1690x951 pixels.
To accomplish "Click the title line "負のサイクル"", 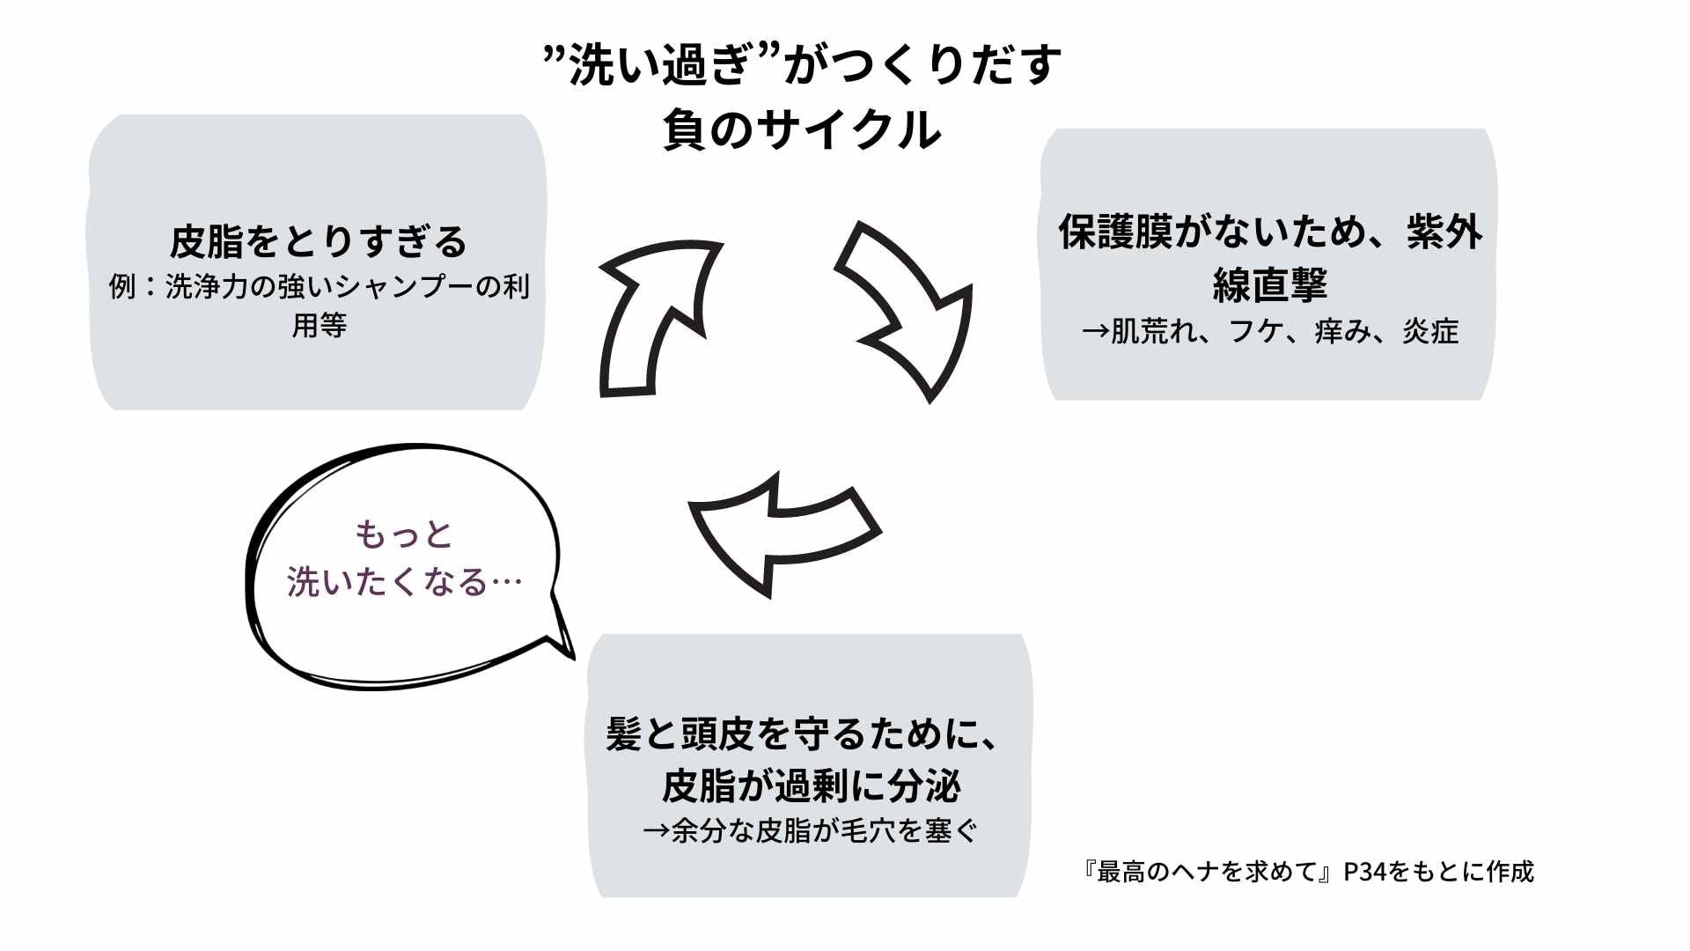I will [802, 130].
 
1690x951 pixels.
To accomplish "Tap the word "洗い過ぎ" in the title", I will [660, 65].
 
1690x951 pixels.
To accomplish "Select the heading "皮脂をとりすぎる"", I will [318, 241].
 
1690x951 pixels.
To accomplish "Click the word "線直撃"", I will [1269, 284].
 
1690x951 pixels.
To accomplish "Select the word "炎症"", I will [1430, 332].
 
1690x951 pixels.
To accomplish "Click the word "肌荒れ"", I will [1152, 332].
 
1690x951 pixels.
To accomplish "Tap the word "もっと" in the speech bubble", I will [403, 534].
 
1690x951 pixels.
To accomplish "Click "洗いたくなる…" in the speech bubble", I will [405, 582].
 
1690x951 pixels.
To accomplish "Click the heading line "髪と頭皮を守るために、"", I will [803, 734].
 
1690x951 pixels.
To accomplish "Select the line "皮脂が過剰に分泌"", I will [811, 785].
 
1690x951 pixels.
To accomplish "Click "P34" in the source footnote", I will [1364, 872].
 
